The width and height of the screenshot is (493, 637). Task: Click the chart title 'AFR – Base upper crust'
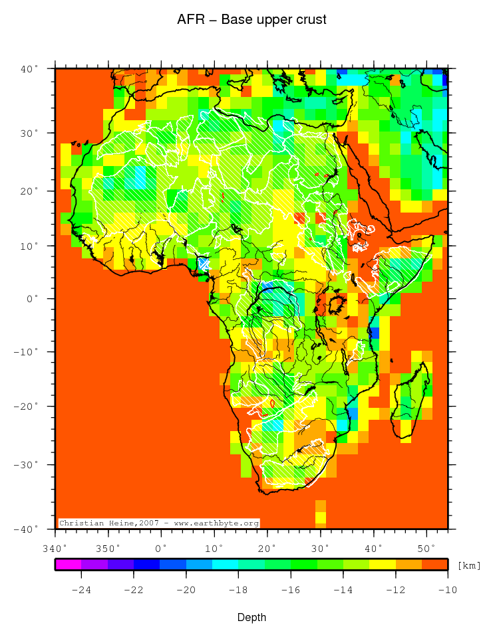[x=251, y=20]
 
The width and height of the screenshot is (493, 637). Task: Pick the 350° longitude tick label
[x=108, y=548]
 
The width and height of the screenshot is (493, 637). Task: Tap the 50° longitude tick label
[x=426, y=548]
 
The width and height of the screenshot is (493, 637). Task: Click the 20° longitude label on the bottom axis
[x=267, y=548]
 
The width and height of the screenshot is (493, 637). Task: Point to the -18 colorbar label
[x=238, y=589]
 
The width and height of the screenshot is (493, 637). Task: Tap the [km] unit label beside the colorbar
[x=469, y=565]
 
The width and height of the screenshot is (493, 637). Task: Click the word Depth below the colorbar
[x=252, y=618]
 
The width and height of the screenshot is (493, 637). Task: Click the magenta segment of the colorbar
[x=68, y=565]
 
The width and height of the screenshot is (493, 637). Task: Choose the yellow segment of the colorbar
[x=383, y=565]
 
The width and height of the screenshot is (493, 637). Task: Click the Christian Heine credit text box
[x=159, y=523]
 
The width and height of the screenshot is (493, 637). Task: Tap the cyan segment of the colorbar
[x=226, y=565]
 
